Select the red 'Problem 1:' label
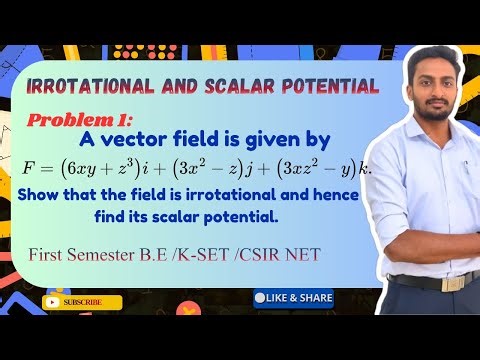69,121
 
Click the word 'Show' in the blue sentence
38,193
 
